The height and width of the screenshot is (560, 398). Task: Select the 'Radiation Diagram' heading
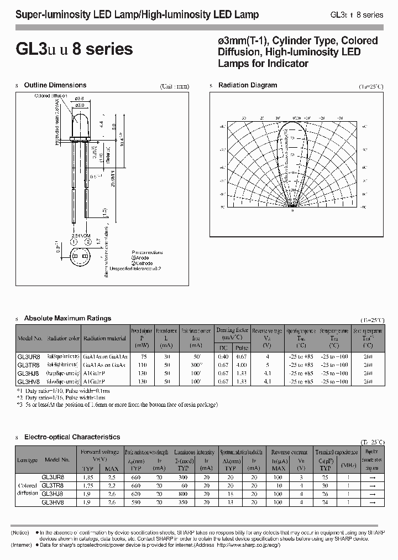(248, 85)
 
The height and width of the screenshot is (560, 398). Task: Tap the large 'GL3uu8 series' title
(75, 49)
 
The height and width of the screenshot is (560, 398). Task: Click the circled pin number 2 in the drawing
(86, 242)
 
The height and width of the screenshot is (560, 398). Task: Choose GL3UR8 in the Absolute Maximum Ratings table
(29, 357)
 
